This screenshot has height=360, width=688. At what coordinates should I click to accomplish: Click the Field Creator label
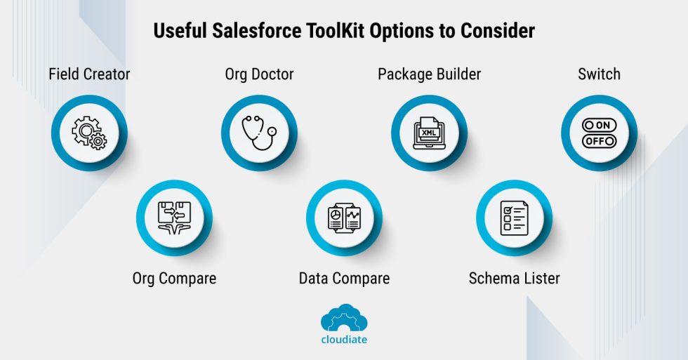point(89,74)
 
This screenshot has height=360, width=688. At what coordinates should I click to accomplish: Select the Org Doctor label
point(259,74)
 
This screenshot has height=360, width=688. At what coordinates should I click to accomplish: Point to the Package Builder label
point(429,74)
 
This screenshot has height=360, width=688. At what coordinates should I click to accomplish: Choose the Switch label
point(599,74)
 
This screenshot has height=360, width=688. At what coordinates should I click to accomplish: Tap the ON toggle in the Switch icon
point(599,125)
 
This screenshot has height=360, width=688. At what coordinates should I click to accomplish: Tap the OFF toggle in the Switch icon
point(599,141)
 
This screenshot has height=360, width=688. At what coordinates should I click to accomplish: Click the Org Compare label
point(174,279)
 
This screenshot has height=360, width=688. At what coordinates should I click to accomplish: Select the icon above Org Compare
point(174,218)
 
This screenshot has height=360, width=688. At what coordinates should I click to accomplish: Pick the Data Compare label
point(344,279)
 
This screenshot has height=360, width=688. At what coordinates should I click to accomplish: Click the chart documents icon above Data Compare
point(344,218)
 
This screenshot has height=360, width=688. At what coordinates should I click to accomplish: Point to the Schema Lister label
point(514,279)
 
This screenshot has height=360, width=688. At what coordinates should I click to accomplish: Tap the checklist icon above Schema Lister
point(514,218)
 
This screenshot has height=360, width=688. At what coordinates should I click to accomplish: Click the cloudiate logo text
point(344,339)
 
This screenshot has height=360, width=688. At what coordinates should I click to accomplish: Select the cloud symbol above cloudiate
point(344,319)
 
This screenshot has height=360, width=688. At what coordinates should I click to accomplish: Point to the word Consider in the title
point(501,32)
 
